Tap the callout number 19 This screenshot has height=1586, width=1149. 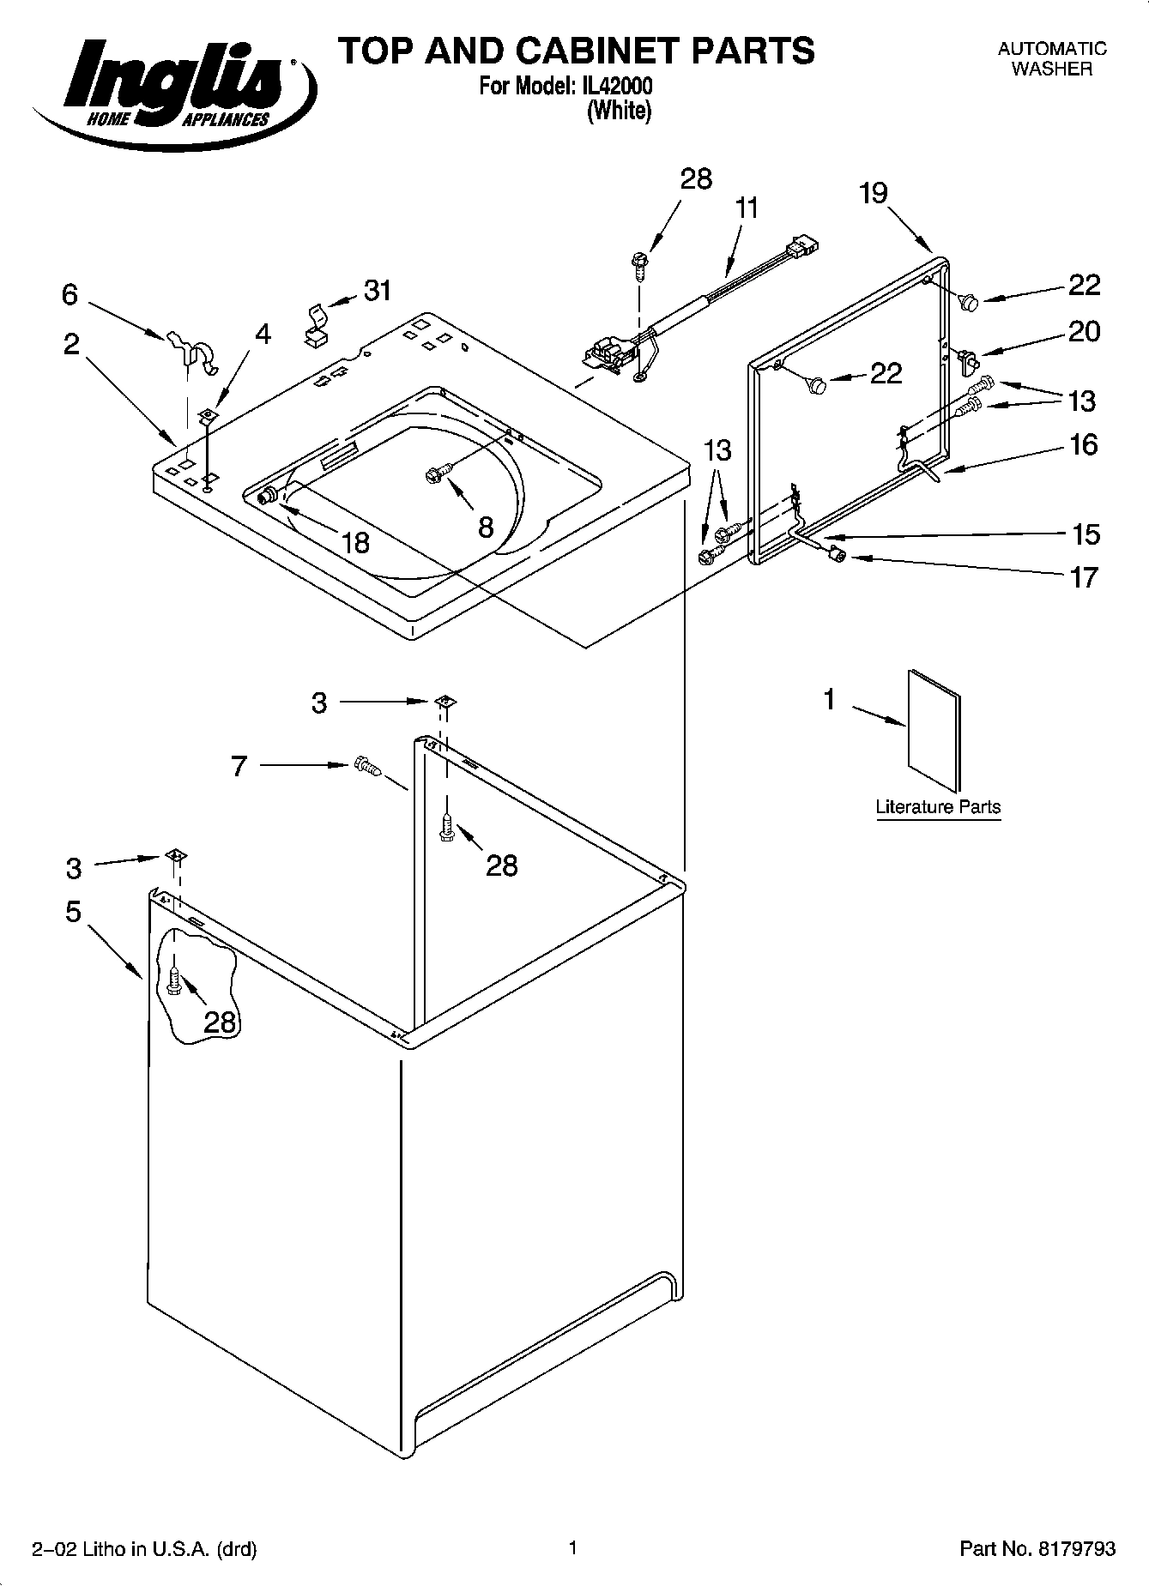[x=873, y=193]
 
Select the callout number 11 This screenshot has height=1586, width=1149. [x=747, y=208]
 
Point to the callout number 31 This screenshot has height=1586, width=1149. [x=378, y=291]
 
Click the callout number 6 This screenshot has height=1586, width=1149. [x=70, y=295]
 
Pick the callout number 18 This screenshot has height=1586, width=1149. [x=354, y=542]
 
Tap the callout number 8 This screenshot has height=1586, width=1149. [x=486, y=527]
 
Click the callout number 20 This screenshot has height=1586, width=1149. [x=1084, y=331]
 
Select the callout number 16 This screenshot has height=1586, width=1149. [x=1084, y=444]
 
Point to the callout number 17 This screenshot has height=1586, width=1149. [x=1084, y=577]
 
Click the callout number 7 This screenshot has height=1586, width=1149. [x=239, y=765]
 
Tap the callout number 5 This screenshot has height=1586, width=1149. [x=73, y=911]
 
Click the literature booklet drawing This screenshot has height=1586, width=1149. [x=934, y=729]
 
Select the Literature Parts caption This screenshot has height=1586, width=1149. [x=937, y=807]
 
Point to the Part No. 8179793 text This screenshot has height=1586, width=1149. [x=1037, y=1548]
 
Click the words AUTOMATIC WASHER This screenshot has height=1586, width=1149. [x=1051, y=59]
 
